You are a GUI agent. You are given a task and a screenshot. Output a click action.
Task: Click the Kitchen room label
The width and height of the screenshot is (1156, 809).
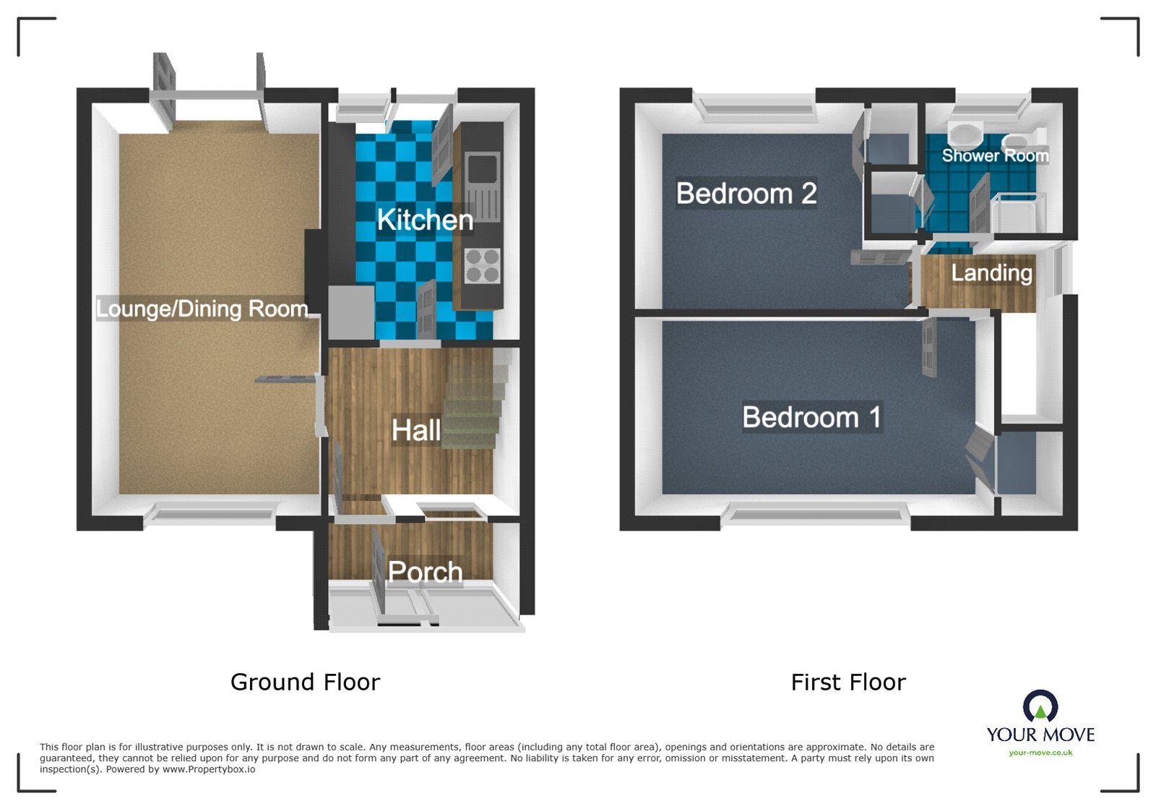[x=425, y=220]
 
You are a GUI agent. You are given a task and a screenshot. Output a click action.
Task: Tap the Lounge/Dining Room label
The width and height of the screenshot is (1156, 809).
[x=202, y=309]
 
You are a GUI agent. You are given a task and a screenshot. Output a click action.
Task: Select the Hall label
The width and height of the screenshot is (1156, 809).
[x=415, y=431]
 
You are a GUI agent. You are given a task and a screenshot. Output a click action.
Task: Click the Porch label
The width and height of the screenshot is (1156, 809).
[x=425, y=572]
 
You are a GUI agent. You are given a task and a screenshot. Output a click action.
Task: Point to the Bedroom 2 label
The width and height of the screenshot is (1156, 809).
[x=746, y=194]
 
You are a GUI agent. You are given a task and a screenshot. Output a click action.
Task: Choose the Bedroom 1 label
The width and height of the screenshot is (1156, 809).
[x=811, y=417]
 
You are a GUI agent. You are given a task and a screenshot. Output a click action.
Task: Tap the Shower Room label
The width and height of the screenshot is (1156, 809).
[x=994, y=155]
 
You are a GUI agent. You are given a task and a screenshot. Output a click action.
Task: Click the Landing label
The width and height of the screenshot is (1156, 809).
[x=991, y=273]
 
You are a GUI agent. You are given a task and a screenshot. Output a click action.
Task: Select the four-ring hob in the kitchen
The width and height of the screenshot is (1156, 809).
[x=482, y=265]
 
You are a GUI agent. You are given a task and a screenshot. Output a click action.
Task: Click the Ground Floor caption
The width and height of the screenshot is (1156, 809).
[x=305, y=682]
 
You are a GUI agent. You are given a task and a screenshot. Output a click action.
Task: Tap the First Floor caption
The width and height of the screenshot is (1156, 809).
[x=847, y=682]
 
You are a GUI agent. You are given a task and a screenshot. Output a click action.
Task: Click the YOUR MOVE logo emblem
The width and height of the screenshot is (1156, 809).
[x=1040, y=706]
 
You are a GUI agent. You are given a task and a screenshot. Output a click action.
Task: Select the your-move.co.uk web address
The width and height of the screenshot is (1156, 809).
[x=1040, y=753]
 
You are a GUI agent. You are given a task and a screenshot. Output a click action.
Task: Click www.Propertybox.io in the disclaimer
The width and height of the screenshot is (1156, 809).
[x=208, y=769]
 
